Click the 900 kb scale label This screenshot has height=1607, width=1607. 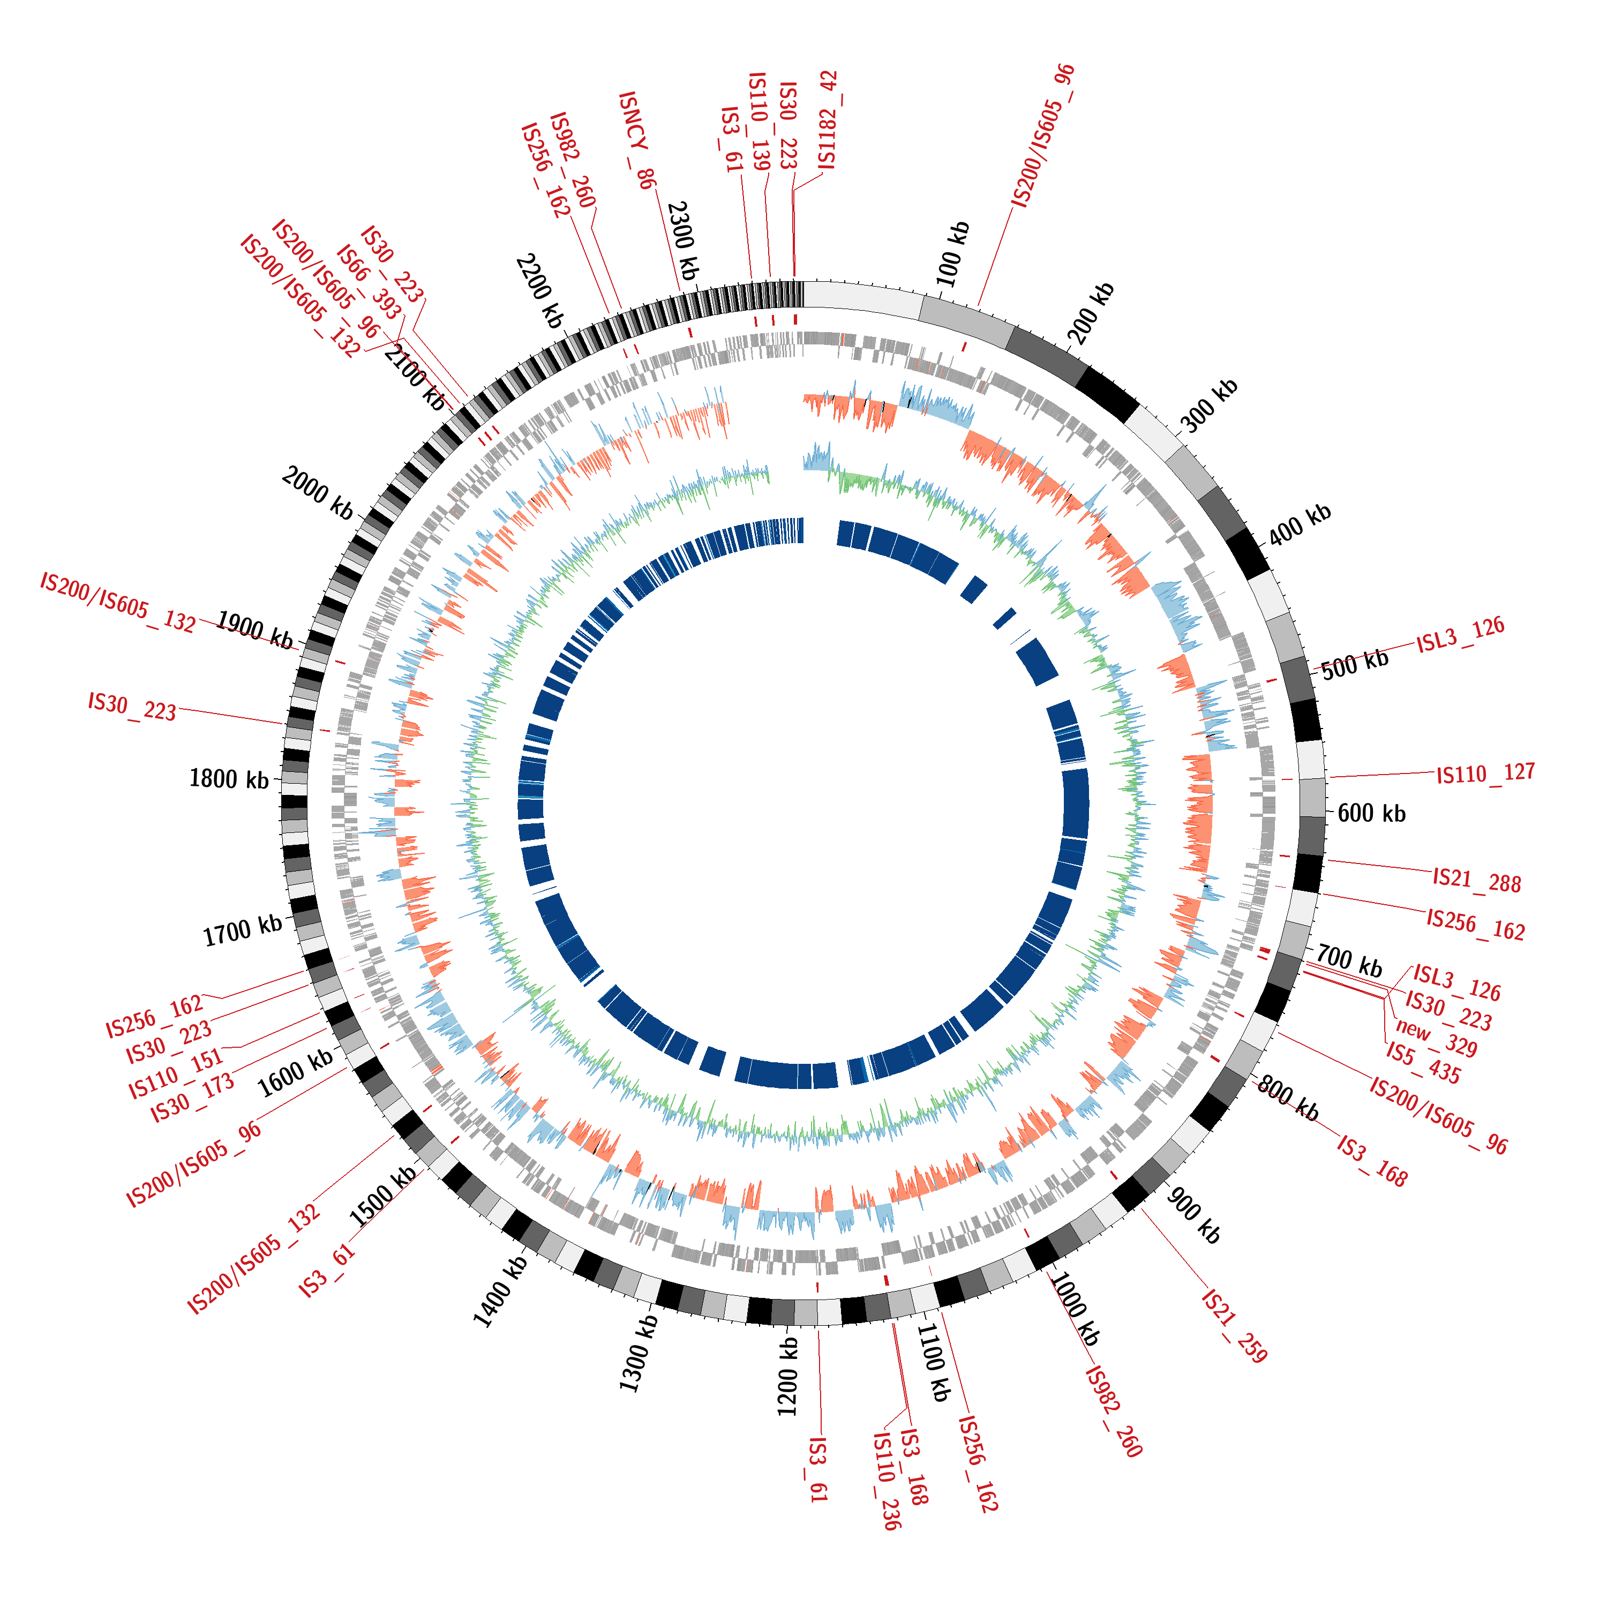pos(1193,1215)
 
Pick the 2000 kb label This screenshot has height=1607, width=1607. pos(317,492)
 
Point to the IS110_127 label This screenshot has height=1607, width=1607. pos(1485,774)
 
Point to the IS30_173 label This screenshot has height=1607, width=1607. pos(192,1099)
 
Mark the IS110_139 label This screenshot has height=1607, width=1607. pos(759,121)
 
